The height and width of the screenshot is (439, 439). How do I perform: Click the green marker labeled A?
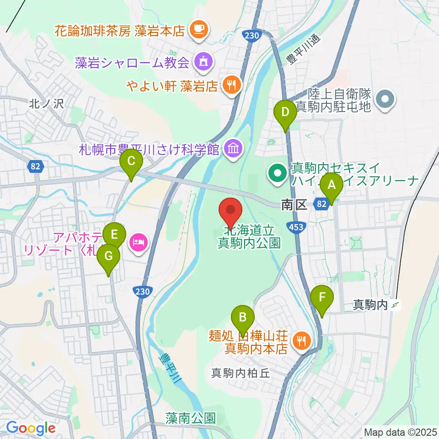[x=332, y=186]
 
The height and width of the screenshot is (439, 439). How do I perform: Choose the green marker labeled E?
[x=114, y=236]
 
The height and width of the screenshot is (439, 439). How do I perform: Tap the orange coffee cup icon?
[x=199, y=30]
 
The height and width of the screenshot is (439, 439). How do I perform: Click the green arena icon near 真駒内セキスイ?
[x=278, y=174]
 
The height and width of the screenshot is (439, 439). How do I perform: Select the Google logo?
[x=31, y=428]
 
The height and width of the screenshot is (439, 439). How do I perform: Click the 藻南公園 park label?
[x=191, y=418]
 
